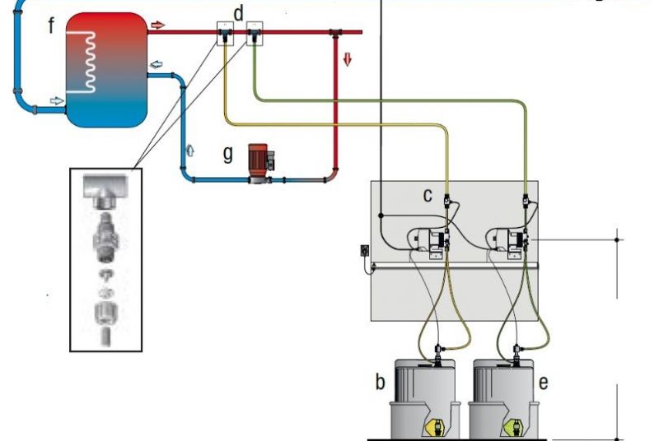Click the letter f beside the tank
coord(51,26)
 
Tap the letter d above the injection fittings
coord(238,13)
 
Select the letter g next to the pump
coord(228,154)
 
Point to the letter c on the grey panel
coord(428,196)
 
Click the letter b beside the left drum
coord(380,382)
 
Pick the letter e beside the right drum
coord(543,383)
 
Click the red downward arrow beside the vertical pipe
coord(347,59)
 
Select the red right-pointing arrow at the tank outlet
coord(157,26)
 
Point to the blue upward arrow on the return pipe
coord(190,151)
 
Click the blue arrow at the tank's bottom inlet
coord(57,100)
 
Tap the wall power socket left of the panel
coord(364,250)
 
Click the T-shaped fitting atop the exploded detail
coord(105,191)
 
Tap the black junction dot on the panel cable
coord(381,216)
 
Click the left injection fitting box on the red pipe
coord(225,34)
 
